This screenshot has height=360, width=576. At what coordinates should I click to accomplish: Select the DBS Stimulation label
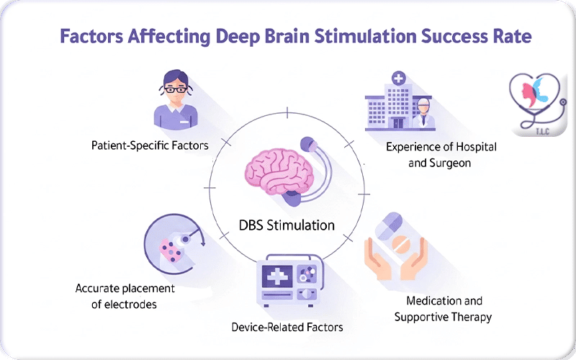click(x=287, y=225)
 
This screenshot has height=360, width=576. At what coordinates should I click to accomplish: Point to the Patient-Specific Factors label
click(x=150, y=145)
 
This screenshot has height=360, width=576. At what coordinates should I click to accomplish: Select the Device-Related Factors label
click(x=287, y=328)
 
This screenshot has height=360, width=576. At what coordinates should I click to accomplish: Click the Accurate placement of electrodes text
click(x=125, y=297)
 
